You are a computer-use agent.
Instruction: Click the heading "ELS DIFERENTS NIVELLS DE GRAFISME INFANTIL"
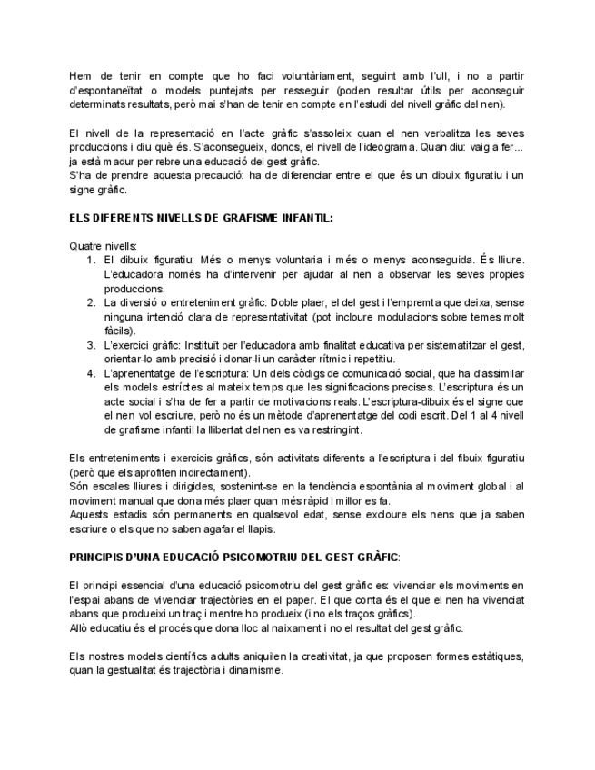(x=201, y=218)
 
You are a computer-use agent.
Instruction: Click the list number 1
(x=91, y=261)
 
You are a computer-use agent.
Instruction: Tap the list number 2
(x=91, y=302)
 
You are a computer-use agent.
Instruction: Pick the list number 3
(x=91, y=345)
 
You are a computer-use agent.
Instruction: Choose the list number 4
(x=91, y=373)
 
